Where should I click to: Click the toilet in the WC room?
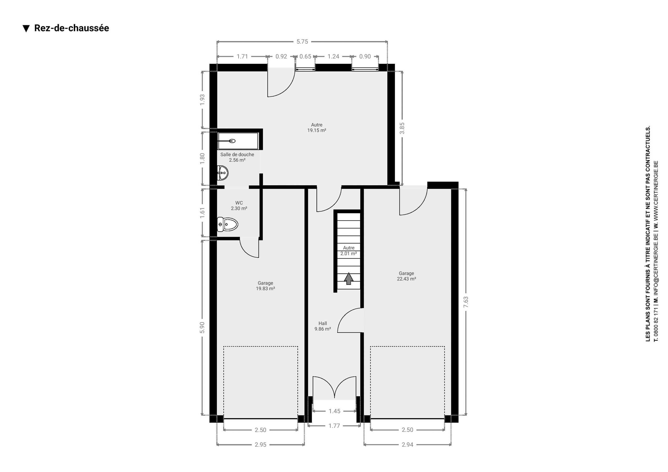click(x=228, y=224)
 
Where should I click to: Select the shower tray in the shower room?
click(x=238, y=141)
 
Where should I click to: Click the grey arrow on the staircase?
click(x=349, y=278)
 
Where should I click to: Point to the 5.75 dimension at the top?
click(x=302, y=41)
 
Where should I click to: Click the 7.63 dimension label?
click(x=466, y=302)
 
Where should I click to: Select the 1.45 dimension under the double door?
click(x=335, y=411)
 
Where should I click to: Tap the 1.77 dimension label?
click(x=334, y=426)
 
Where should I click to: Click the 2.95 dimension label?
click(x=260, y=445)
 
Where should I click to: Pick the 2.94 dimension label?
click(x=407, y=445)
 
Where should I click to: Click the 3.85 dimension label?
click(x=402, y=128)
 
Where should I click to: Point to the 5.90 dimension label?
click(x=202, y=328)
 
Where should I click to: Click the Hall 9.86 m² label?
click(x=323, y=326)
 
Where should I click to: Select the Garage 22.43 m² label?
click(x=407, y=276)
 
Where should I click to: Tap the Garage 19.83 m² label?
click(x=265, y=286)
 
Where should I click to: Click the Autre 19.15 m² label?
click(x=317, y=127)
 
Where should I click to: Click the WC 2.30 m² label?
click(x=239, y=205)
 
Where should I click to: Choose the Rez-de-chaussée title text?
click(x=71, y=28)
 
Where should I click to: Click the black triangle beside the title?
click(x=26, y=28)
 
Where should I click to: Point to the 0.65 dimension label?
click(x=305, y=56)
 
